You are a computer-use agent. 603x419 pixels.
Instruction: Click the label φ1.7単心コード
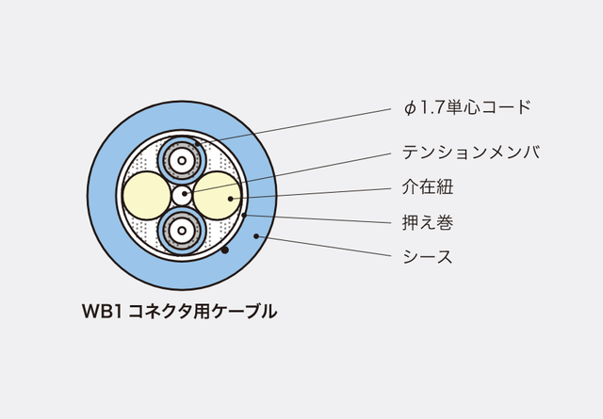click(x=467, y=107)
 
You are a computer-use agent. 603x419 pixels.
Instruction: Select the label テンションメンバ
click(x=471, y=153)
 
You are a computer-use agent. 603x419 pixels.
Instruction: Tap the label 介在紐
click(x=428, y=187)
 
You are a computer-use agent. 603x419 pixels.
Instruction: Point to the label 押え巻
click(x=428, y=222)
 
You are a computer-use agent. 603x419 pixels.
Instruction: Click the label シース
click(x=428, y=257)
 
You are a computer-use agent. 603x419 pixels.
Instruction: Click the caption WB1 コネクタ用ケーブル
click(x=179, y=312)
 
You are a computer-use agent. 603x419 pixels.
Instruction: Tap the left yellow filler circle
click(x=147, y=196)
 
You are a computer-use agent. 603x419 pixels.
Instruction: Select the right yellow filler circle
click(x=218, y=196)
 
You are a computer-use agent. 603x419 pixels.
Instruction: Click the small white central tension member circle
click(x=182, y=196)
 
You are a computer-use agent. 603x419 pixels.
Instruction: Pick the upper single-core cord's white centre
click(x=182, y=160)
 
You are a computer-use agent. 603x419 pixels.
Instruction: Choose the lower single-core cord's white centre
click(x=182, y=231)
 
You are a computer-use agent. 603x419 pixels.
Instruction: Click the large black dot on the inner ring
click(x=225, y=250)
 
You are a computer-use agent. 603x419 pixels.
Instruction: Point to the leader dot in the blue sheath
click(x=256, y=236)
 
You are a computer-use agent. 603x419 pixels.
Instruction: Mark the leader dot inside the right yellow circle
click(x=230, y=199)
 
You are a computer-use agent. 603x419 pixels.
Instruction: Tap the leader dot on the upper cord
click(x=197, y=144)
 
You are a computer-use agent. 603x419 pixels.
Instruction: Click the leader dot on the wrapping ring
click(x=244, y=215)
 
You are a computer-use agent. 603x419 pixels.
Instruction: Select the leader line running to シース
click(x=324, y=246)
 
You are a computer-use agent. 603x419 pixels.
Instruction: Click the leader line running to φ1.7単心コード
click(x=294, y=126)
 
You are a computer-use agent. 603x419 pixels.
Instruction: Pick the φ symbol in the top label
click(x=411, y=108)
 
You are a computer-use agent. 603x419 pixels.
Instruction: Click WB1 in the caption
click(x=102, y=312)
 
